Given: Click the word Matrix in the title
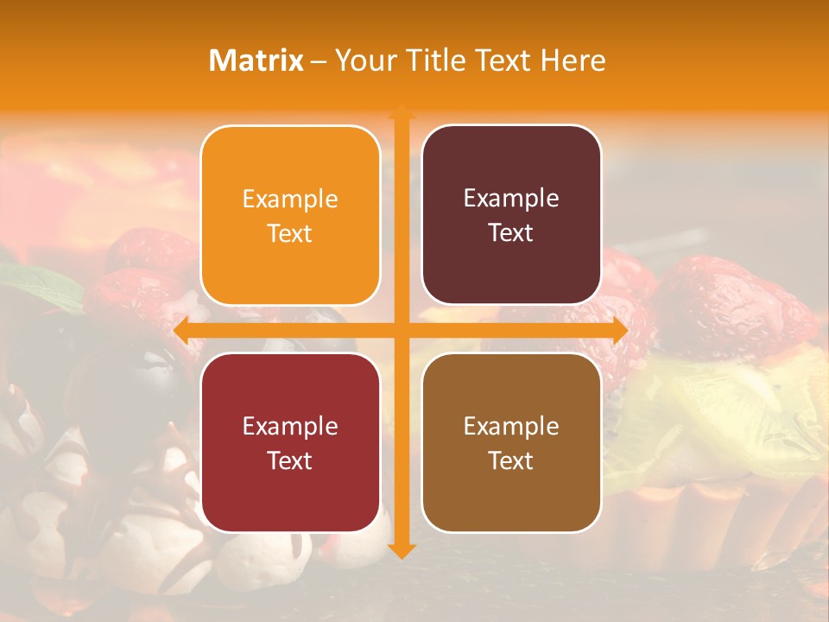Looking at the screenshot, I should coord(256,60).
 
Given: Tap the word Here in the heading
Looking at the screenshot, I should coord(573,60).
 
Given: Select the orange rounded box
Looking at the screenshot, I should coord(290,215).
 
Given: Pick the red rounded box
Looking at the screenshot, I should coord(290,442).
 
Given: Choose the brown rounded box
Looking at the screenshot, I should coord(511,442).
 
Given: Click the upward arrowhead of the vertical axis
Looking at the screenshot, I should coord(401,111).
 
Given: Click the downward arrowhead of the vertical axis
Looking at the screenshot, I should coord(401,550).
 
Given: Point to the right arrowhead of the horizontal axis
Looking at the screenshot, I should coord(620,331).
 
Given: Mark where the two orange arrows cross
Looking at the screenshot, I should coord(401,331).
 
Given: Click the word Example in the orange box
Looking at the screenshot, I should coord(290,199).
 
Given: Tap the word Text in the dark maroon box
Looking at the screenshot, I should coord(511,232).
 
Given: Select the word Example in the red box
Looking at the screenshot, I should coord(290,426).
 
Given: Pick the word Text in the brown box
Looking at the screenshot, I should coord(511,460).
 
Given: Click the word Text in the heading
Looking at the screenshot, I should coord(502,60).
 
